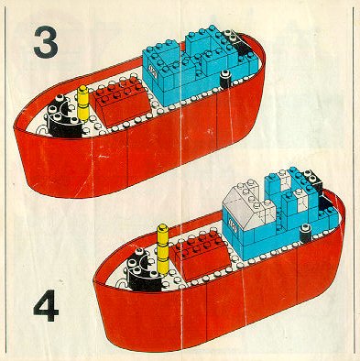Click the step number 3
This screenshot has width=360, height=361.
point(46,42)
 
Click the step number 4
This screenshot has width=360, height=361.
point(46,305)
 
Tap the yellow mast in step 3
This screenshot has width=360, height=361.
point(82,103)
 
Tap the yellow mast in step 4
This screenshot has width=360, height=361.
point(163,249)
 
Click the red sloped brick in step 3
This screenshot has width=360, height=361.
point(120,101)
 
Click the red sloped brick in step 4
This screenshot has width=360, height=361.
point(200,256)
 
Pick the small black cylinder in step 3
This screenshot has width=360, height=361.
point(224,79)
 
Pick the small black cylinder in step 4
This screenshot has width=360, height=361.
point(305,234)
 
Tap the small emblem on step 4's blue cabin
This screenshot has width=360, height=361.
point(233,226)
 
